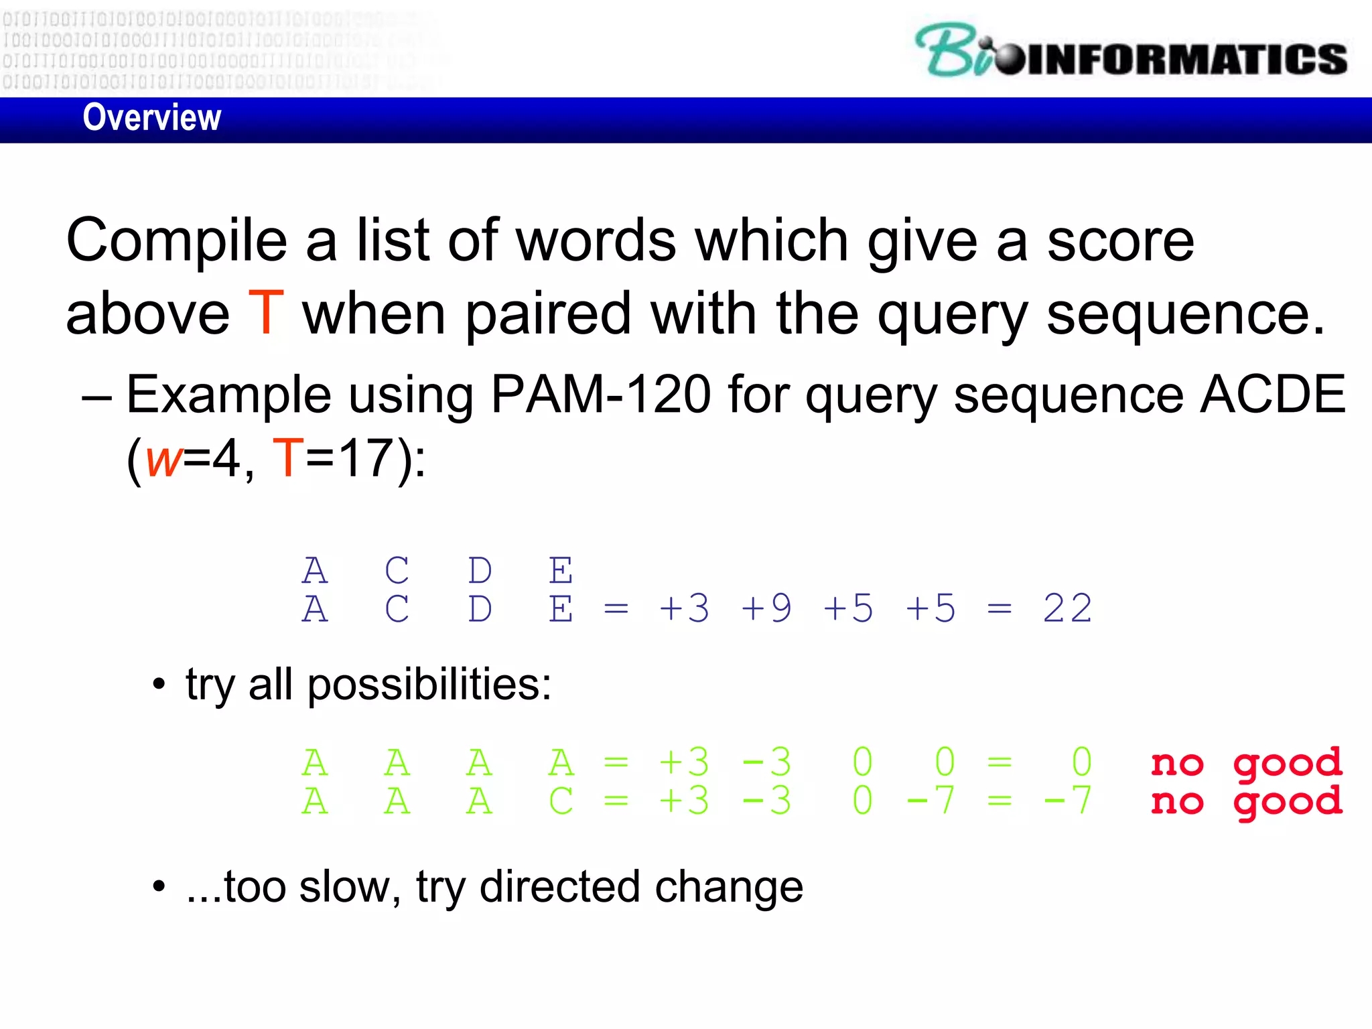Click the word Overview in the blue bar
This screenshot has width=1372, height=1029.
click(152, 118)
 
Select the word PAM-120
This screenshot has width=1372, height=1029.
click(600, 395)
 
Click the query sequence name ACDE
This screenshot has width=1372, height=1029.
click(1272, 395)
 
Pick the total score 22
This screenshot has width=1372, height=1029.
click(1067, 609)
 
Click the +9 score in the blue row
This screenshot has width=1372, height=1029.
click(766, 609)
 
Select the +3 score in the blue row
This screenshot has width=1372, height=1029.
click(684, 609)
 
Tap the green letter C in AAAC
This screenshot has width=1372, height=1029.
click(561, 802)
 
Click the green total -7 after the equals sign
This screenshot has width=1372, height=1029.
click(1067, 801)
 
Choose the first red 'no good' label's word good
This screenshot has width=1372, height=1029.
click(1288, 764)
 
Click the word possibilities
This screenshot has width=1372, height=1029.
click(429, 685)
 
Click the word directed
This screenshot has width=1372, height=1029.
click(559, 888)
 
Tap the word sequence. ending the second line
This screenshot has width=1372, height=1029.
click(1185, 314)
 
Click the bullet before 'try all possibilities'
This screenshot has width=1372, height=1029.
click(159, 686)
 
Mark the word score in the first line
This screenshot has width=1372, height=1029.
click(1120, 241)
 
